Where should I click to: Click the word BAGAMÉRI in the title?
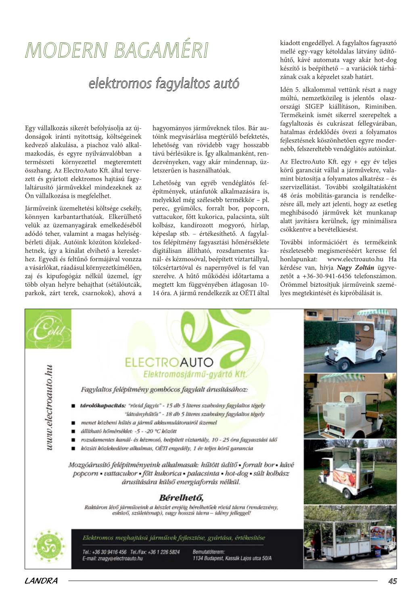[x=161, y=50]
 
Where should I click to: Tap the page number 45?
[x=392, y=581]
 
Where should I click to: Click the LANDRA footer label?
[x=41, y=581]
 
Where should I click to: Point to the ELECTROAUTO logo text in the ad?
[x=169, y=362]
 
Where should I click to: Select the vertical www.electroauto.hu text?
[x=49, y=408]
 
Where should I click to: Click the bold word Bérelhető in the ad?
[x=181, y=497]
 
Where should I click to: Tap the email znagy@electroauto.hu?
[x=113, y=558]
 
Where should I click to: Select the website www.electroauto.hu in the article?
[x=355, y=259]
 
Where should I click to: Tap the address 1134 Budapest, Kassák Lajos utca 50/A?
[x=232, y=558]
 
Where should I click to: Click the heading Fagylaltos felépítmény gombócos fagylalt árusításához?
[x=165, y=390]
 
